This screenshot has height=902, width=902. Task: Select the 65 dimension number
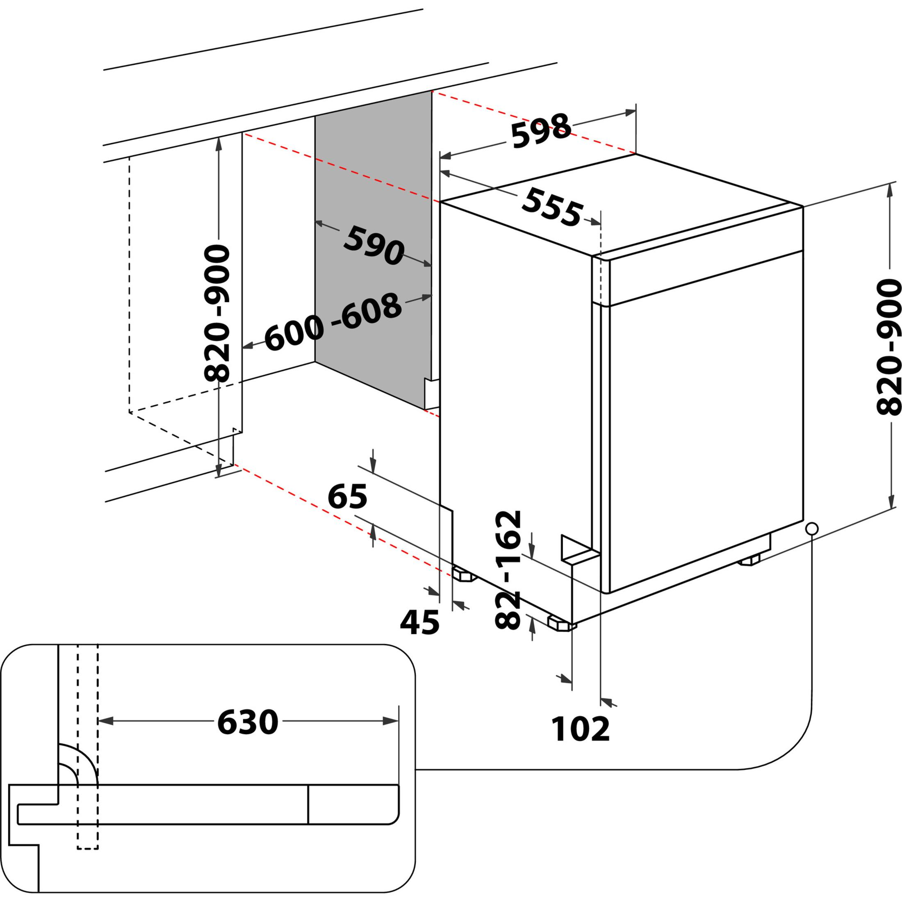click(x=347, y=497)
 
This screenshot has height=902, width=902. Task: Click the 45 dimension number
click(x=420, y=622)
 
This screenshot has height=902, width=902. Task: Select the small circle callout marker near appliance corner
click(x=812, y=528)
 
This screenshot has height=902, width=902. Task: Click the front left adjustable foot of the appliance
click(x=560, y=623)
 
